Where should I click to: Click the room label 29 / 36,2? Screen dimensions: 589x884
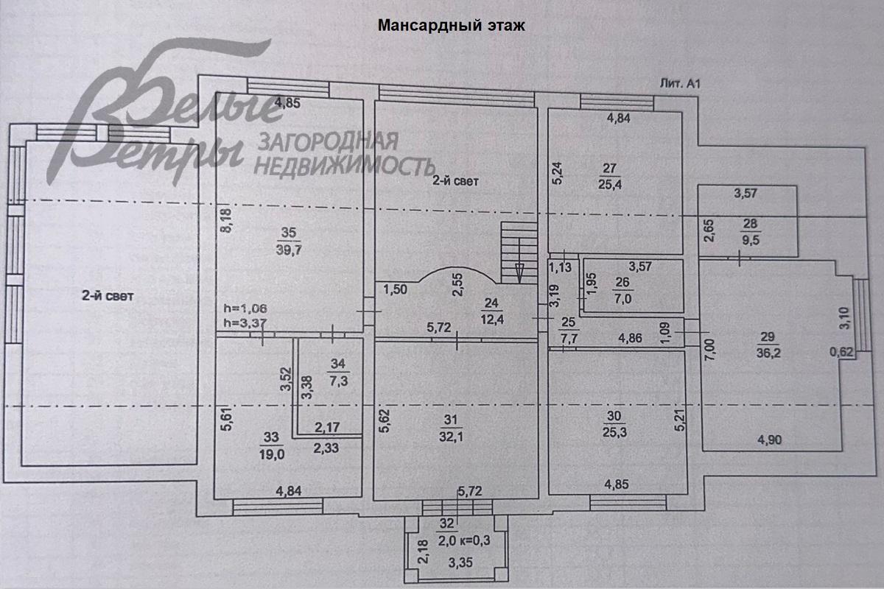pyautogui.click(x=768, y=346)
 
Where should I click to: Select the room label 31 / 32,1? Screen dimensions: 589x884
pyautogui.click(x=452, y=427)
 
